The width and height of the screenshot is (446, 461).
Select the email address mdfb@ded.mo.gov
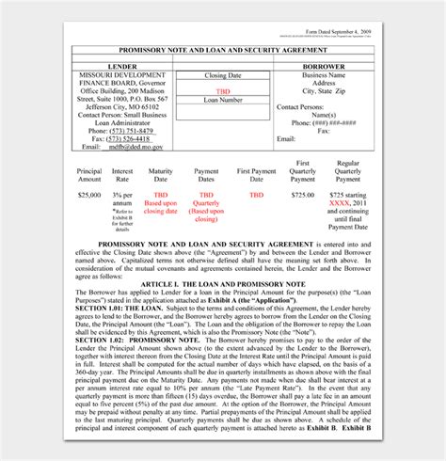click(x=135, y=147)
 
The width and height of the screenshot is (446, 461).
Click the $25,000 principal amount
click(x=89, y=195)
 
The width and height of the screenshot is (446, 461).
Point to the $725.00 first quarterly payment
click(x=303, y=195)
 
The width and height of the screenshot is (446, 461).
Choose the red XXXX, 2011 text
click(x=348, y=203)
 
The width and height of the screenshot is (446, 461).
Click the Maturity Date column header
click(x=160, y=177)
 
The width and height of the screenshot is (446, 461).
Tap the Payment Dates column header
click(x=206, y=177)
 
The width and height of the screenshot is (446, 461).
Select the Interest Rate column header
click(x=122, y=177)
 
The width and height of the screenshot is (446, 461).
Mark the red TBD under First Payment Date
click(x=256, y=195)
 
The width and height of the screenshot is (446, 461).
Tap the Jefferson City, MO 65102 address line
click(x=125, y=106)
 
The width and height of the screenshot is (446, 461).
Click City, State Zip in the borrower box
click(x=322, y=91)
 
